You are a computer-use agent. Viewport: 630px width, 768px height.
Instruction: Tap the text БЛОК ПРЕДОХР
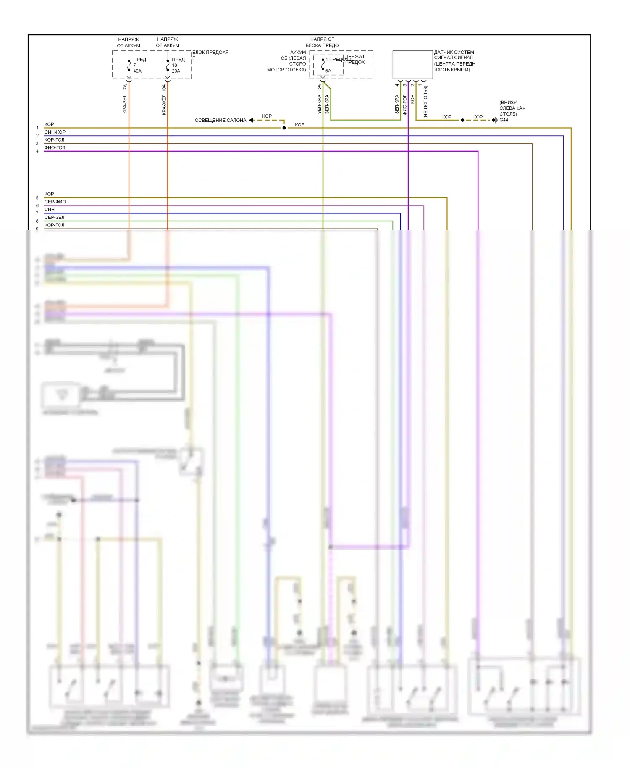210,53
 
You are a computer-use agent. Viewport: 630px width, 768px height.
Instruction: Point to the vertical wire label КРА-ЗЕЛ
125,104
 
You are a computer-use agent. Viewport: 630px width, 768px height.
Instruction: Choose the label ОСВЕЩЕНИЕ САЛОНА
220,121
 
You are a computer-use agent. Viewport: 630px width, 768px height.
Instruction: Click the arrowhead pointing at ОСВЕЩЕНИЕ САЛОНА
251,120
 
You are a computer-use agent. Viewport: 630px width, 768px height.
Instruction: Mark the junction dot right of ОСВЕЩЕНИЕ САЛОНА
284,128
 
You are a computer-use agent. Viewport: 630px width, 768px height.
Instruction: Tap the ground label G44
504,120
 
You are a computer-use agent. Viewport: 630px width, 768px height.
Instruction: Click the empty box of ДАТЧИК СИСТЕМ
412,64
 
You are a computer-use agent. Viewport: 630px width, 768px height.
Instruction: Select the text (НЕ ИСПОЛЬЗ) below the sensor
425,102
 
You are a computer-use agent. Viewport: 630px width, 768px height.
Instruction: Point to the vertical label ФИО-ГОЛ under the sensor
404,104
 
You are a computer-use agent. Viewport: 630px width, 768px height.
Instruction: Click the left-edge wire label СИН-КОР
55,132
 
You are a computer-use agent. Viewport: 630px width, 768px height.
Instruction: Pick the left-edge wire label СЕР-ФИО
55,202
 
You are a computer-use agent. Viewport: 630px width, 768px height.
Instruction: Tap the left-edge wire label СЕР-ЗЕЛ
54,217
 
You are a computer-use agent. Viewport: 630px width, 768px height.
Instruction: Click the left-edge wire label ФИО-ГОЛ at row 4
55,147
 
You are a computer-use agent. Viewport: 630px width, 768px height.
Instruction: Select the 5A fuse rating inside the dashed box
328,71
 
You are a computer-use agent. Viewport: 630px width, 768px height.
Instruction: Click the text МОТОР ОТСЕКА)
286,70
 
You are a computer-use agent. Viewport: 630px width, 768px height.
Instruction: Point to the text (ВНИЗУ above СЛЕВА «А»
508,103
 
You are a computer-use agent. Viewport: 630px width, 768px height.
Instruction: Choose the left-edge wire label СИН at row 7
49,209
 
